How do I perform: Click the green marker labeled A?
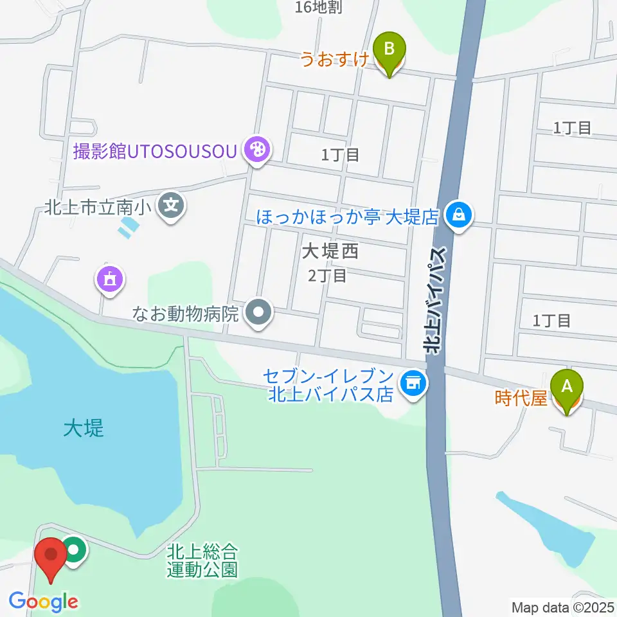click(x=566, y=387)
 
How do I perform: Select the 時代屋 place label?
click(x=521, y=399)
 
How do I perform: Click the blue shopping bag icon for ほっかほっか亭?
click(x=459, y=215)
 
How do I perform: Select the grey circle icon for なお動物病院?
click(x=260, y=314)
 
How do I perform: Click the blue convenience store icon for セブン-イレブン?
click(x=413, y=384)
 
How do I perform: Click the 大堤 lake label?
click(x=84, y=429)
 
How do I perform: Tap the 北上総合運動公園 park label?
click(x=202, y=560)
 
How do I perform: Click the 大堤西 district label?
click(x=330, y=251)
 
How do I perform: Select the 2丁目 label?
click(x=327, y=276)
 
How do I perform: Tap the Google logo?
click(x=44, y=602)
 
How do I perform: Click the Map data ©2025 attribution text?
click(x=563, y=607)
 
